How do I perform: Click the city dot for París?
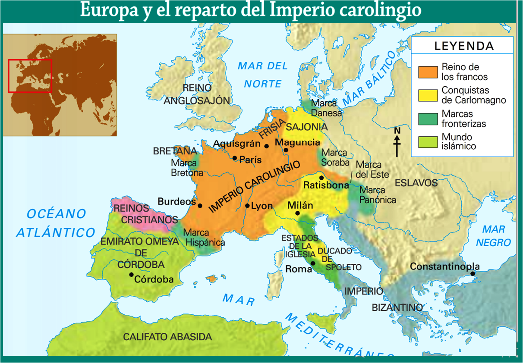[x=235, y=158]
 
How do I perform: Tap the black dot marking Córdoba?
[x=131, y=275]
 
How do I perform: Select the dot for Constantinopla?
[x=473, y=274]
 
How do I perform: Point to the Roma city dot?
[x=313, y=263]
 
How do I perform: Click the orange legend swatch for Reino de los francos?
[x=427, y=72]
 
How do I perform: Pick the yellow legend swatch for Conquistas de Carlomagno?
[x=427, y=95]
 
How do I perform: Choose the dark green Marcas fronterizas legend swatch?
[x=427, y=119]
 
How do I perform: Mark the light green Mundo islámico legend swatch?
[x=427, y=141]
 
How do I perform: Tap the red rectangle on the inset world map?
[x=30, y=76]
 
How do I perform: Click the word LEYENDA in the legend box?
[x=464, y=46]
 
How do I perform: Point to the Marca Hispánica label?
[x=204, y=238]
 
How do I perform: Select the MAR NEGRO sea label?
[x=493, y=236]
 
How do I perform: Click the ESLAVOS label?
[x=416, y=183]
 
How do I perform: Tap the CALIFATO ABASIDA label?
[x=167, y=337]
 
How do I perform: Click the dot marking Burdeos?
[x=200, y=206]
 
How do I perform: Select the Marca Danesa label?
[x=326, y=108]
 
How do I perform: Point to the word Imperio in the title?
[x=298, y=10]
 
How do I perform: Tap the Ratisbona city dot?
[x=321, y=178]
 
